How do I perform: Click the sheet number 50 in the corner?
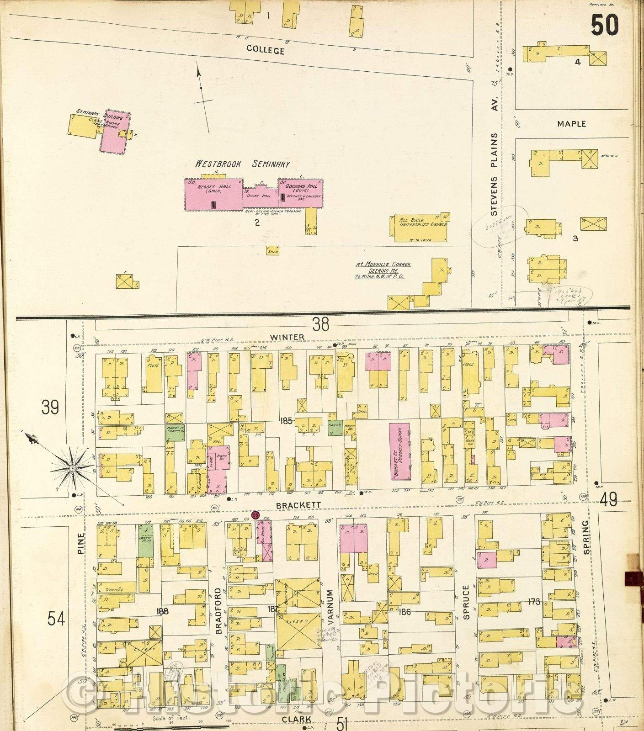coord(604,25)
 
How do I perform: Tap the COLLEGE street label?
coord(265,50)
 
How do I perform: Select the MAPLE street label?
coord(571,124)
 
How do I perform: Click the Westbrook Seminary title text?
coord(242,164)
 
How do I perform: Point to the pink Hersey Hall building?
coord(213,194)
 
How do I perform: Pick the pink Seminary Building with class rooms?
coord(115,132)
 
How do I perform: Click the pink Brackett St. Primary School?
coord(399,450)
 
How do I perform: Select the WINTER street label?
coord(293,337)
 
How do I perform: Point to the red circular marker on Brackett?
coord(255,514)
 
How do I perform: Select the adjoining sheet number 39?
coord(50,406)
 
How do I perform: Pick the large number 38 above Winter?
coord(320,324)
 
